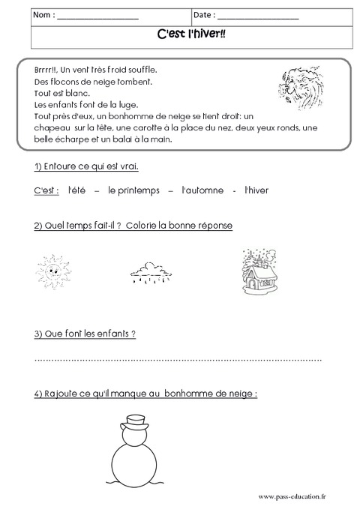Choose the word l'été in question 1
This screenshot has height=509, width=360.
pos(76,191)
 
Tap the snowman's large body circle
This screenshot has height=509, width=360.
pos(136,466)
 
